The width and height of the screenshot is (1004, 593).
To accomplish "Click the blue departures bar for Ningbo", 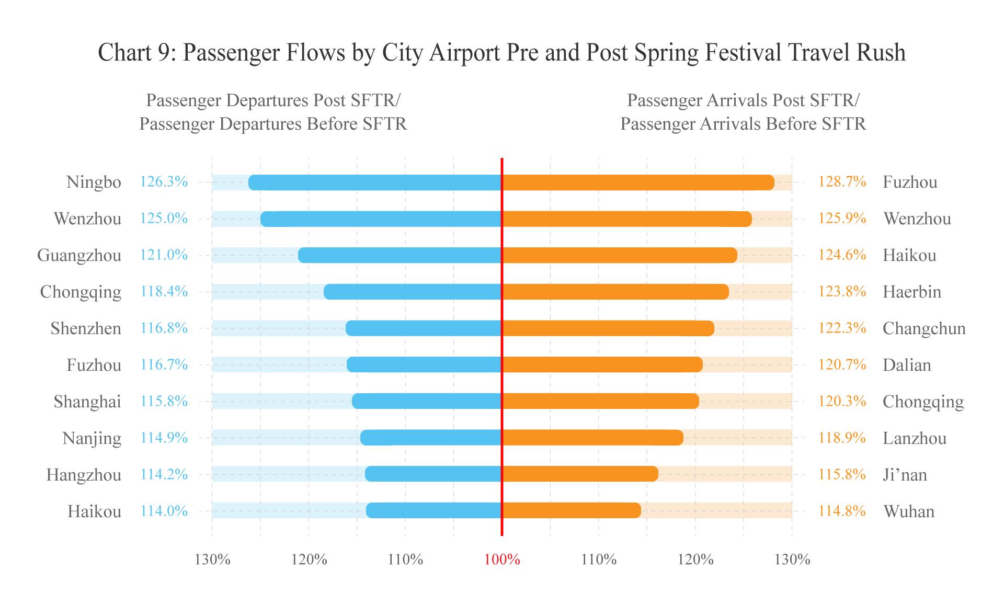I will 375,183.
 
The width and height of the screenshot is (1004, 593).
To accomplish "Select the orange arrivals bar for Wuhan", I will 571,510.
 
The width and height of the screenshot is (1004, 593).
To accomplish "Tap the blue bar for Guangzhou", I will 400,255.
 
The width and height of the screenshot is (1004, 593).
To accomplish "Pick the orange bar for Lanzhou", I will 592,438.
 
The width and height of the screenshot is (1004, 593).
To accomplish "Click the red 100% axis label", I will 502,560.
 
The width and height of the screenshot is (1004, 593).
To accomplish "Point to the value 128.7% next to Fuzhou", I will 842,182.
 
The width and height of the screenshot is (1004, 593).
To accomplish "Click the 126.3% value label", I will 164,182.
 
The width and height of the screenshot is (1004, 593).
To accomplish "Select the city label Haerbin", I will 911,292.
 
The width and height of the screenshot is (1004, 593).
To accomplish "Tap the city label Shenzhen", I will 86,328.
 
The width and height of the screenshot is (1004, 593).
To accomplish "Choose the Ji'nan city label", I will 905,475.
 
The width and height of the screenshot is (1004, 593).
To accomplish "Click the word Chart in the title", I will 124,53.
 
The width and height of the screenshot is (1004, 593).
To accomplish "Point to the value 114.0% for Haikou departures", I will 164,511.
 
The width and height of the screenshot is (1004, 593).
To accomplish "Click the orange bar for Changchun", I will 608,328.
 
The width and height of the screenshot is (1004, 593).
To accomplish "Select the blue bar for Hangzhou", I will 433,474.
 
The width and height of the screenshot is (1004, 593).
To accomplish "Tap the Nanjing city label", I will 92,438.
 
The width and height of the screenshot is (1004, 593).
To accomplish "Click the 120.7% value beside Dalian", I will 842,364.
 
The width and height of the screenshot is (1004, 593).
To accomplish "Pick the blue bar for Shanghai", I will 427,401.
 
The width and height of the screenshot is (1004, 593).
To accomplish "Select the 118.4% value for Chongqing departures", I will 164,291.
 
